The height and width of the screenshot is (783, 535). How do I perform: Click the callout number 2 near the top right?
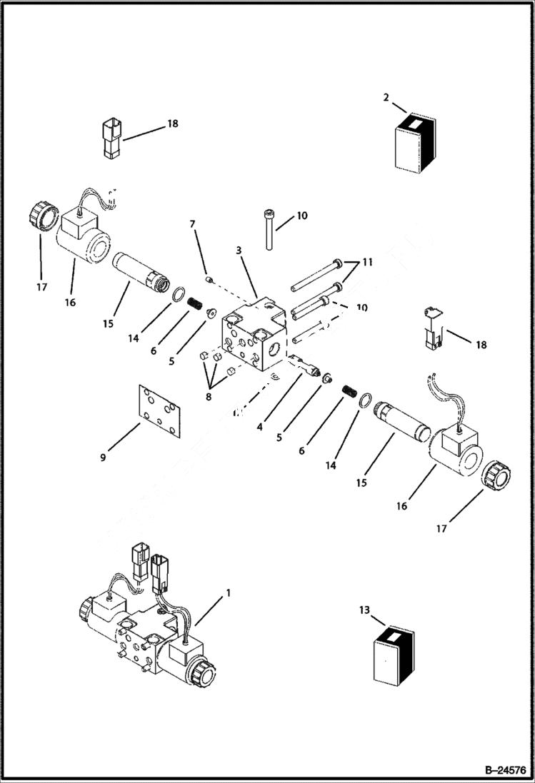(x=386, y=97)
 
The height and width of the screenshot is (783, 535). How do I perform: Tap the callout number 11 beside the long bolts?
(x=367, y=263)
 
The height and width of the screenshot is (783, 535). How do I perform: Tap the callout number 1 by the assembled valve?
(x=228, y=592)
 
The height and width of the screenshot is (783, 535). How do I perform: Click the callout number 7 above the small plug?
(x=191, y=225)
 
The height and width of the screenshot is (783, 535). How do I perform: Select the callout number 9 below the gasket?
(x=102, y=458)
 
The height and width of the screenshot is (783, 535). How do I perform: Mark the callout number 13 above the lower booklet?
(x=364, y=610)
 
